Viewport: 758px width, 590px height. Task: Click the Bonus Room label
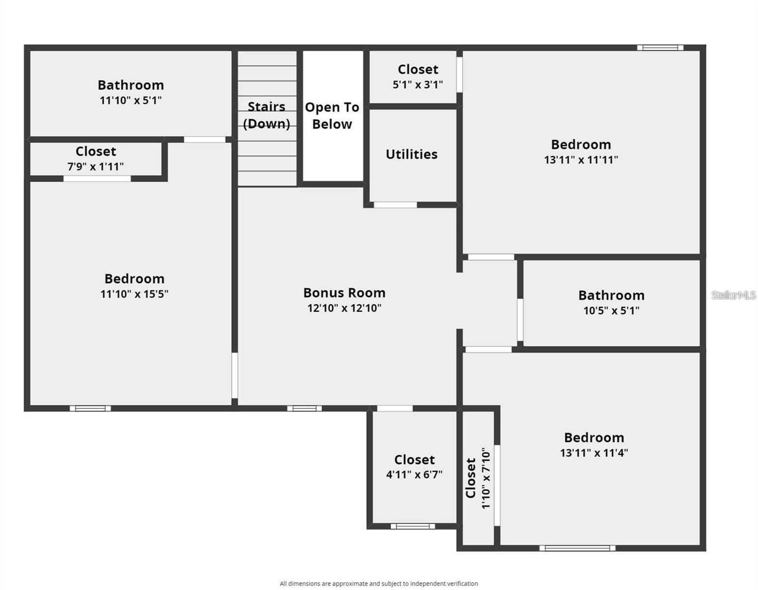point(344,293)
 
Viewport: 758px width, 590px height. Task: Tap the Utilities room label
point(411,154)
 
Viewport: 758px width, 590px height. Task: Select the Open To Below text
point(332,116)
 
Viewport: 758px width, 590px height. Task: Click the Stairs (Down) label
point(266,115)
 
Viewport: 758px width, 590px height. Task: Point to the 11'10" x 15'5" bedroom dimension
point(134,294)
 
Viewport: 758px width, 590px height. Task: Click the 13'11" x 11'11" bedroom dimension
point(581,160)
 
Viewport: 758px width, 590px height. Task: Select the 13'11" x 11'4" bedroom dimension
point(594,453)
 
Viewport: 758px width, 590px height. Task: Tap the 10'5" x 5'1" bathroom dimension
point(611,311)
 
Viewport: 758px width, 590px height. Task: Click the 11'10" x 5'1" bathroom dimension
point(131,100)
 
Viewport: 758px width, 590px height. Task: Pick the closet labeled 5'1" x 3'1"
point(418,76)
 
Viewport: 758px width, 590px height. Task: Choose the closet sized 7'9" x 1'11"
point(96,158)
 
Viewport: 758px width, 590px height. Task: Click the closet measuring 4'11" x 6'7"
point(414,467)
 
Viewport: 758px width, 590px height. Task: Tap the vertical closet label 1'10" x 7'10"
point(478,478)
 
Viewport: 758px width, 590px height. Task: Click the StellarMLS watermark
point(733,295)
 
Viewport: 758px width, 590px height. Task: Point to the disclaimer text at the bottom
point(379,584)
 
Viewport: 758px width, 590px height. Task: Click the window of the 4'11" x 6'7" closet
point(412,526)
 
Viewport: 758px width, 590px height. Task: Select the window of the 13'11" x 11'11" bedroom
point(660,48)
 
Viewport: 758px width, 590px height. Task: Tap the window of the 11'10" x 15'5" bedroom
point(90,408)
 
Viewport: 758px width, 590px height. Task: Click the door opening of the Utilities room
point(395,205)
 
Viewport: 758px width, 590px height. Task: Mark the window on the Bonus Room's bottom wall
point(304,408)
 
